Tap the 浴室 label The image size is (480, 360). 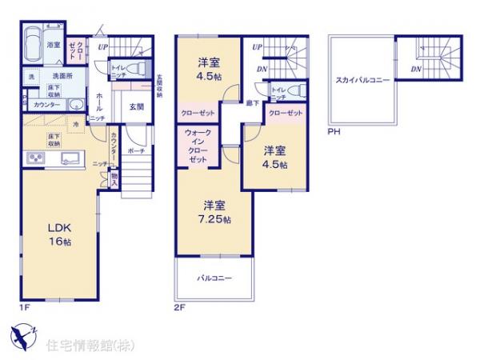[54, 45]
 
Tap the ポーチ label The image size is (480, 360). [136, 150]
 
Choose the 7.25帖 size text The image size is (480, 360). [217, 220]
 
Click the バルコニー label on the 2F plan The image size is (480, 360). [214, 278]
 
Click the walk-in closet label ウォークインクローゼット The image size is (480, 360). [199, 147]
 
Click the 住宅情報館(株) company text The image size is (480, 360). [90, 346]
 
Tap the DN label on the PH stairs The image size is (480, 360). [416, 70]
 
